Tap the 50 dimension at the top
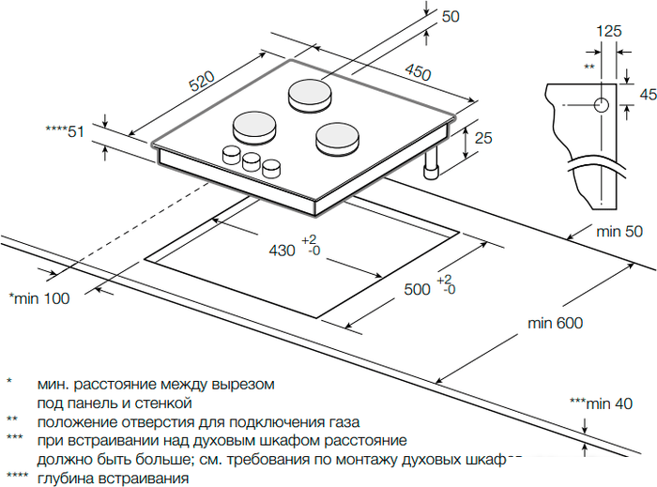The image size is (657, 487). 451,16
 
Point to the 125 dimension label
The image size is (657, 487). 609,31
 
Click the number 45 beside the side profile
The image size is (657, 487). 647,94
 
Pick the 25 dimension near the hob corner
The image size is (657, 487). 483,138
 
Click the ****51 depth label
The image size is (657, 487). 65,131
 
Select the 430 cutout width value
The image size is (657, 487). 282,251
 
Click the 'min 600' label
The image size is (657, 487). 555,324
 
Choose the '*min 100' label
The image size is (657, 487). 38,298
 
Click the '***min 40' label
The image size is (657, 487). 601,403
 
